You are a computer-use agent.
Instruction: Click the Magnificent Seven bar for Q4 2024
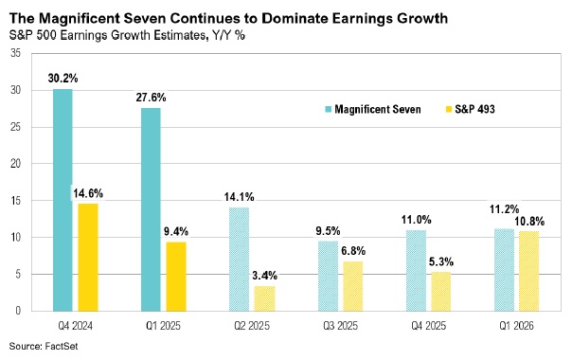(63, 200)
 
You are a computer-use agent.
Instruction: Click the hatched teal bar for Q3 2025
(328, 276)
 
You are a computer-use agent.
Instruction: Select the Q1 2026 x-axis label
(516, 324)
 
